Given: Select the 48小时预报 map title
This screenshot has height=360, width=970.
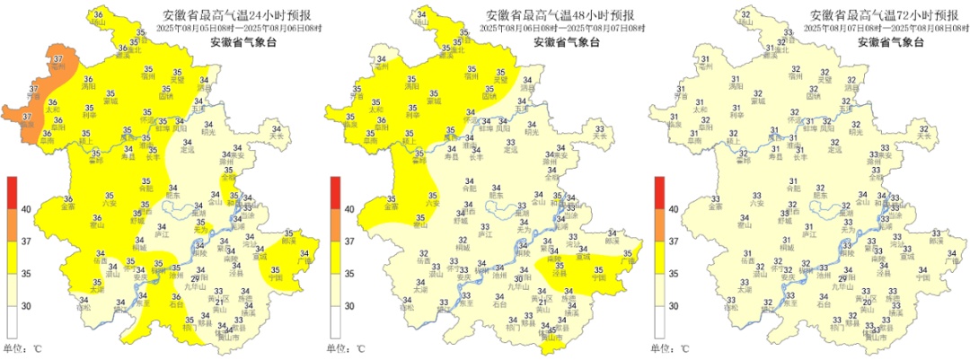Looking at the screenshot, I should click(x=560, y=15).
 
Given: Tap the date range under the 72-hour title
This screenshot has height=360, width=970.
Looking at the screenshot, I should click(x=885, y=29).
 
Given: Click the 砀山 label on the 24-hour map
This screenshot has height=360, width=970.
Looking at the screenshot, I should click(x=97, y=24).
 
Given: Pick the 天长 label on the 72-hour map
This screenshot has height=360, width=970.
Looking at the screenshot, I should click(x=924, y=136).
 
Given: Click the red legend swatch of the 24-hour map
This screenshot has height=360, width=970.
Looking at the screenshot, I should click(x=13, y=192).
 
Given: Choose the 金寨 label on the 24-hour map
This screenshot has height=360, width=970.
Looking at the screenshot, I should click(x=68, y=207).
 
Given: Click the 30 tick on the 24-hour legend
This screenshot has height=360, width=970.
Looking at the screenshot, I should click(x=26, y=306).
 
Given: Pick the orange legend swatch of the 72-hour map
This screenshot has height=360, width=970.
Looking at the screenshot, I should click(x=659, y=225).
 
